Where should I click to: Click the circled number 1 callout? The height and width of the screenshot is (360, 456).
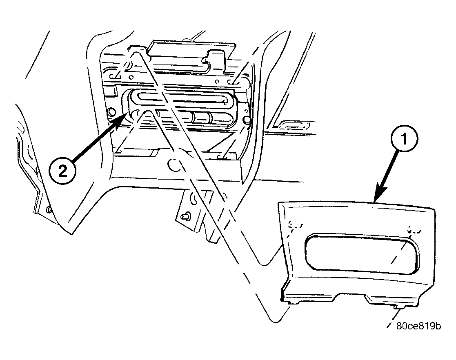point(404,138)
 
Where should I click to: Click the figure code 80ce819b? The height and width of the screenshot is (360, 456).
point(418,326)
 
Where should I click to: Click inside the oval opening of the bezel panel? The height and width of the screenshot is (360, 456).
point(362,253)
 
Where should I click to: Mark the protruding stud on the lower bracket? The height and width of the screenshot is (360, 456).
point(185,216)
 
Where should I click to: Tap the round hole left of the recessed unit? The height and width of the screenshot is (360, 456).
point(111,112)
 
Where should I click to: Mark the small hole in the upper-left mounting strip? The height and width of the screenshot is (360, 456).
point(131,78)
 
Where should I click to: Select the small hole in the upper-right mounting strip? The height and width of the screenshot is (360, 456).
point(217,82)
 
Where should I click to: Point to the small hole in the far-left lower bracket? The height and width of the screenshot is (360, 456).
point(48,209)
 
